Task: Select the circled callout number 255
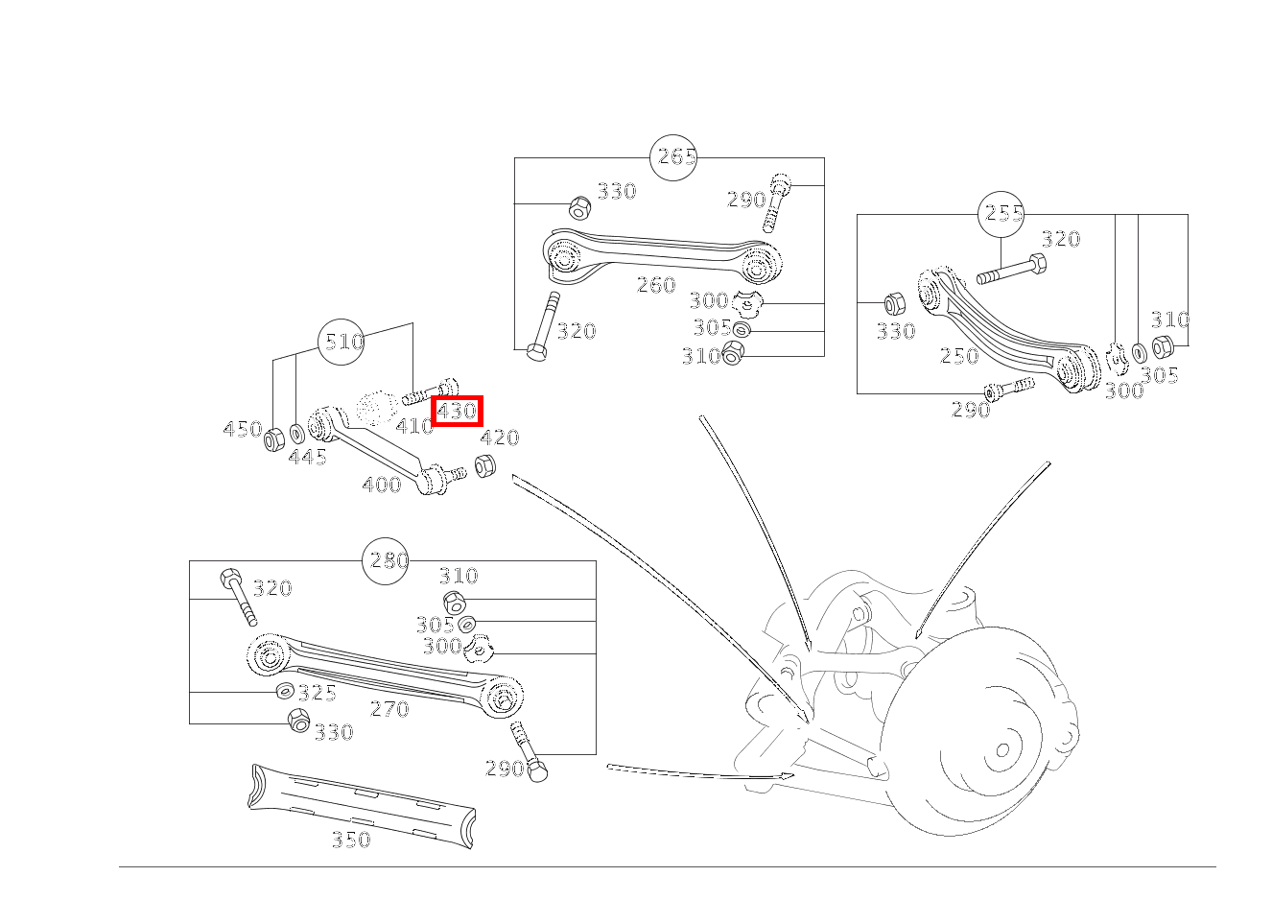pos(1001,214)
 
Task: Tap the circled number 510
pos(342,342)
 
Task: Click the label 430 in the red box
pos(457,412)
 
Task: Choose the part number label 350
pos(351,840)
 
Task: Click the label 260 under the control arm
pos(656,285)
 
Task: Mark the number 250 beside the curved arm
pos(959,356)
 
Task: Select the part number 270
pos(389,709)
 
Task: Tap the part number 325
pos(317,693)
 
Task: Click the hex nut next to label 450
pos(273,438)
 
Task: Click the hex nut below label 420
pos(485,467)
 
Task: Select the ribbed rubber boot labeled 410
pos(376,409)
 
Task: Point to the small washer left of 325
pos(285,691)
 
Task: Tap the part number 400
pos(382,486)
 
